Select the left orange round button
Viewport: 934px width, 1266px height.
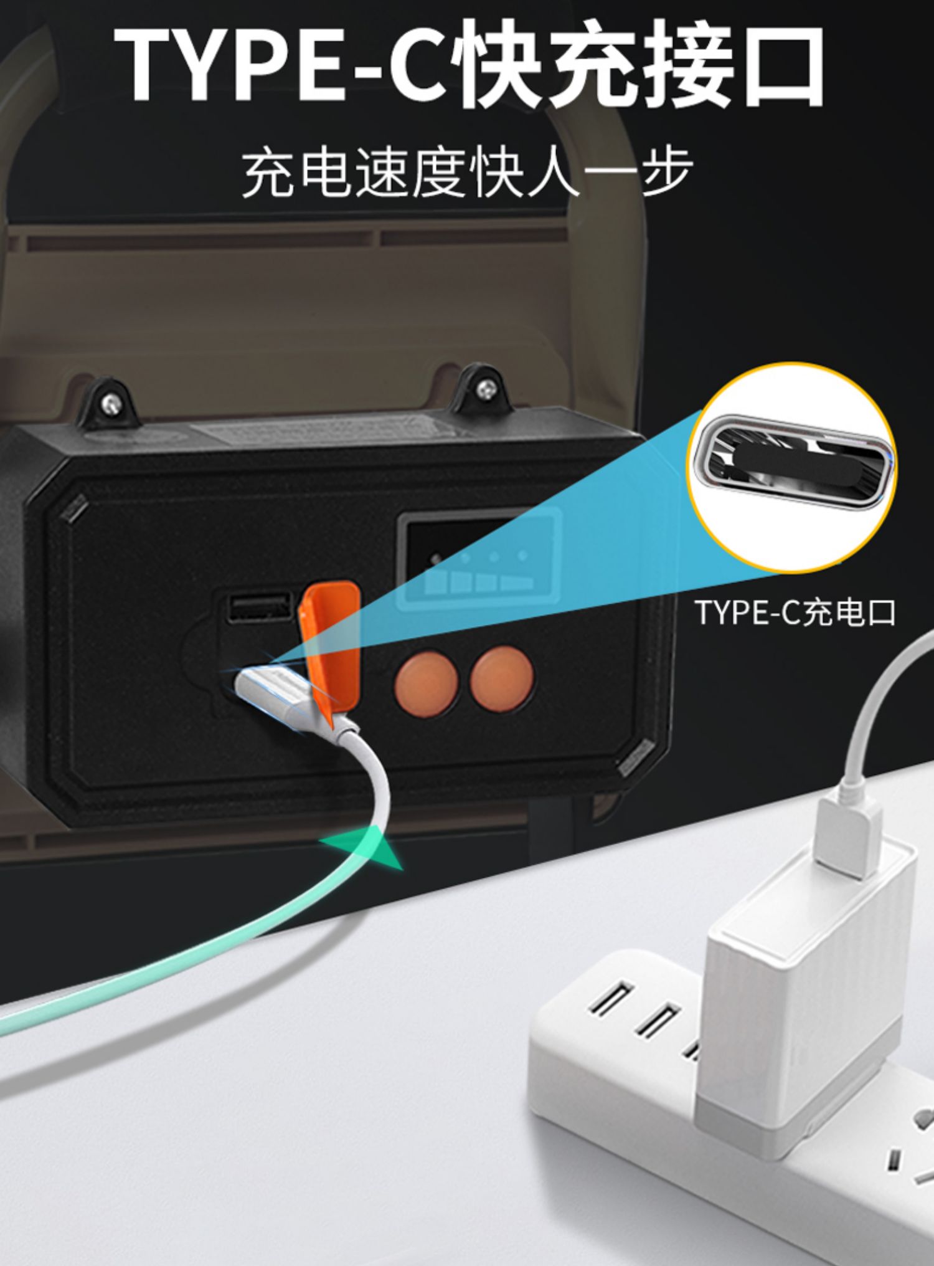(427, 683)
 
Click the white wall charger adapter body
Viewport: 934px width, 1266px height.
(803, 997)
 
